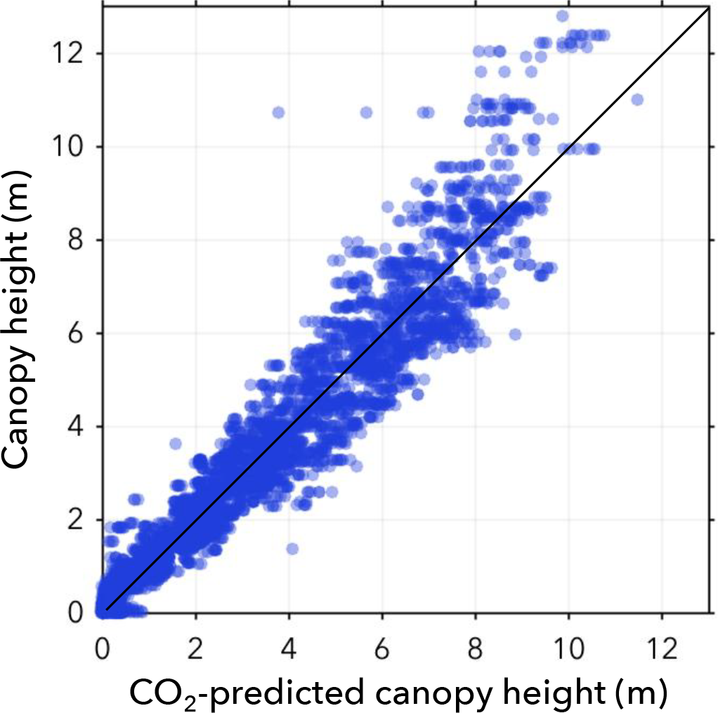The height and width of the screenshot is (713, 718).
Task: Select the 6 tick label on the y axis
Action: tap(84, 333)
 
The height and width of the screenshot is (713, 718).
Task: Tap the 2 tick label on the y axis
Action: tap(84, 520)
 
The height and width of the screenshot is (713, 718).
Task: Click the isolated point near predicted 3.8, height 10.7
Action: tap(278, 113)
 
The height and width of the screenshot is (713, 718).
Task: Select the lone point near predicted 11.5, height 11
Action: tap(637, 100)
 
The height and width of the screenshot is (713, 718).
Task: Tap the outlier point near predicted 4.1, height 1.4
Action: tap(292, 548)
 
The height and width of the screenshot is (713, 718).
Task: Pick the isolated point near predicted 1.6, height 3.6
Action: tap(176, 444)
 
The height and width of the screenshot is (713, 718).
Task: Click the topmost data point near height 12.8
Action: tap(562, 16)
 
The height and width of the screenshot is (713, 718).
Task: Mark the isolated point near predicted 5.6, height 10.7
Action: tap(366, 113)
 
